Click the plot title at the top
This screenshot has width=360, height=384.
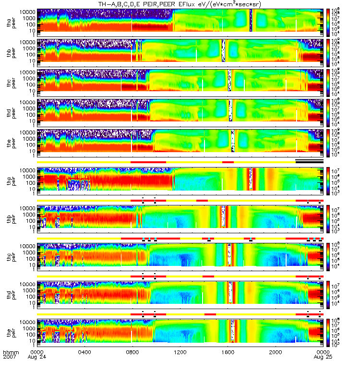coord(180,4)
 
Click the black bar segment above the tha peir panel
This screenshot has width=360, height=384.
coord(309,162)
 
